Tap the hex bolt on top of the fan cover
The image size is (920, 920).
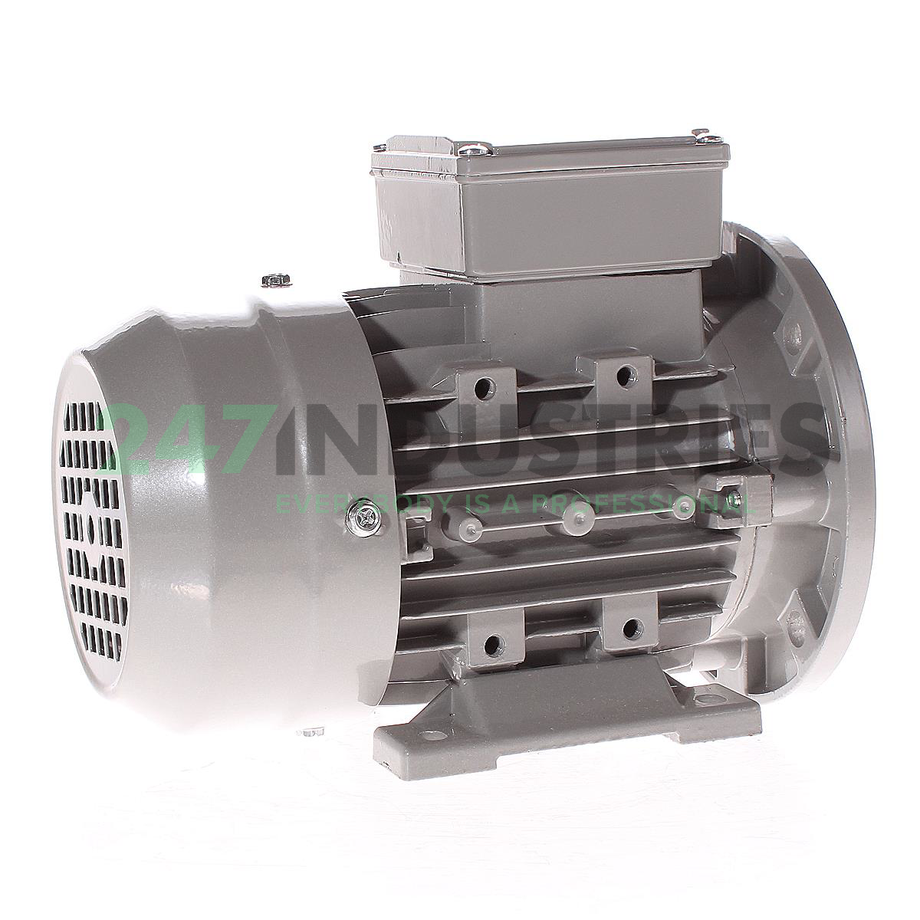pos(277,281)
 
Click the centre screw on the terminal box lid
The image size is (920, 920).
pos(471,149)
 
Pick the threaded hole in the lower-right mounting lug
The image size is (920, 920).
pos(631,626)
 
